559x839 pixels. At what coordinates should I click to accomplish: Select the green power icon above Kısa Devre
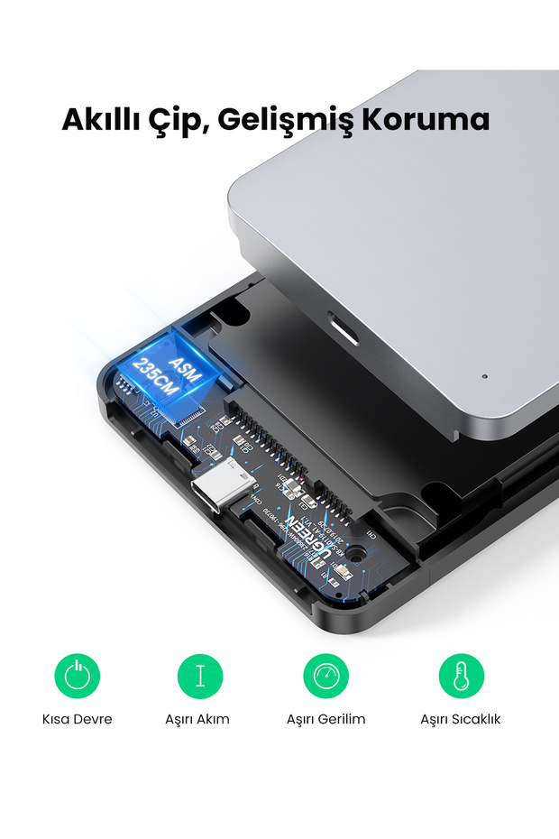pos(78,676)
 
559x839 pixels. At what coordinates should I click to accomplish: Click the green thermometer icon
pos(461,676)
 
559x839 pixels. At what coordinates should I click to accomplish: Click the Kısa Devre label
pos(78,719)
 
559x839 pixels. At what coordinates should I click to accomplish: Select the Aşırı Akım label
pos(197,719)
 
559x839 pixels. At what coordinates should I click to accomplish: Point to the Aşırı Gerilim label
pos(325,719)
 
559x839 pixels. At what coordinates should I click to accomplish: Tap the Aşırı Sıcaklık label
pos(460,719)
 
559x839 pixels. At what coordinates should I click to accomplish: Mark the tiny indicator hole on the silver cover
pos(484,376)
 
